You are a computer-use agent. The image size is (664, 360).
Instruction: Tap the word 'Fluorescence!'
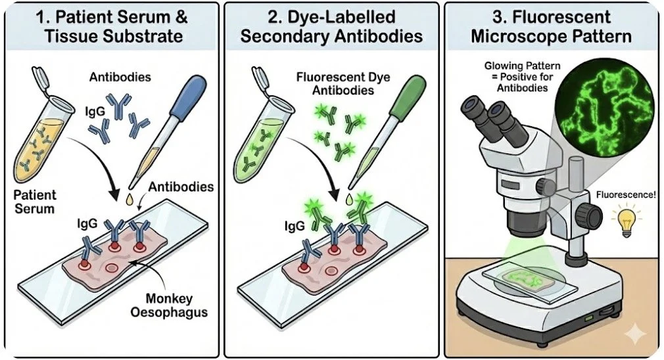point(623,194)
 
